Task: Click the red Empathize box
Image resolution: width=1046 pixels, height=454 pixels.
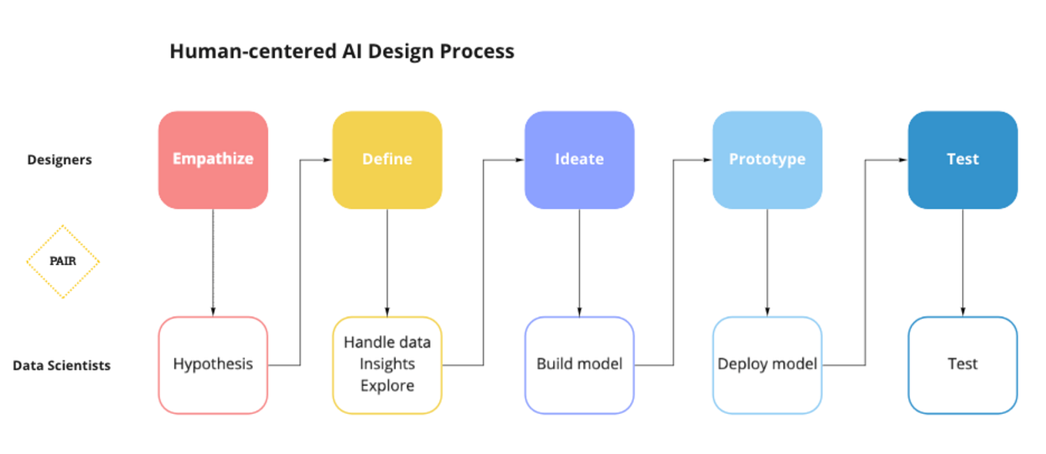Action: pos(213,160)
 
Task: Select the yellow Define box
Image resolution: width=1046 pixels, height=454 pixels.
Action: pos(387,160)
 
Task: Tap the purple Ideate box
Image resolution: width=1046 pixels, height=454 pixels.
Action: pos(579,160)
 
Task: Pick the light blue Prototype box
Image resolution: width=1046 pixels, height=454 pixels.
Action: pos(767,160)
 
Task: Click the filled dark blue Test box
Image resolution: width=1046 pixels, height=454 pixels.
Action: pos(962,160)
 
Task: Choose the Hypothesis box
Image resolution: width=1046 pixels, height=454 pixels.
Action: pos(213,365)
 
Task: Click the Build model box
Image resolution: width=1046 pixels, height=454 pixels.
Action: pos(579,365)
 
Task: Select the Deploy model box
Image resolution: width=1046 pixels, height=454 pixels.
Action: pos(767,365)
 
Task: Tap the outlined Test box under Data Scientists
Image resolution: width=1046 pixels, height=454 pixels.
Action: pos(962,365)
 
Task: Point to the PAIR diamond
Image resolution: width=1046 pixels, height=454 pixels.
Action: pos(63,261)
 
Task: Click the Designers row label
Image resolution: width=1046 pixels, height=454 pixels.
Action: pos(59,160)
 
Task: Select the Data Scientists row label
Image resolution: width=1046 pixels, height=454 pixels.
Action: pos(62,365)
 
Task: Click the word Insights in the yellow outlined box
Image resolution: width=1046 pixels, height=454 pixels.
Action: pos(387,364)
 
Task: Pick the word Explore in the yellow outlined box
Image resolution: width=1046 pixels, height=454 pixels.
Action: pos(387,385)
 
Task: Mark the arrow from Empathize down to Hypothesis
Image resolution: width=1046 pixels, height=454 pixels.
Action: pos(213,262)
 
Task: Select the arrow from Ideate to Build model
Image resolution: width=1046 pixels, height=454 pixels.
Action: pos(579,262)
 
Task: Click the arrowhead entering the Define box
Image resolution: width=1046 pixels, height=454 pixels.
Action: pos(327,160)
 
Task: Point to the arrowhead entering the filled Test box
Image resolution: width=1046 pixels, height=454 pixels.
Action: pos(903,160)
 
